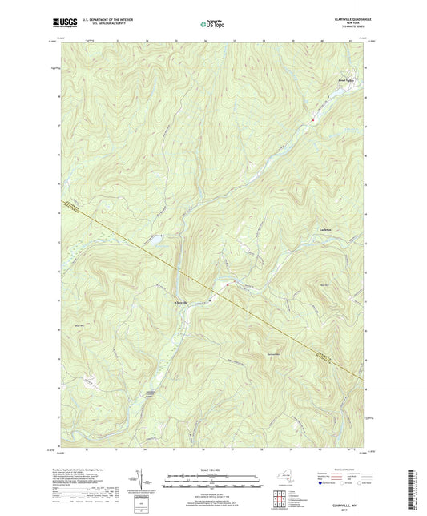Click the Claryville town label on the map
182,301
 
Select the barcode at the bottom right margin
420,480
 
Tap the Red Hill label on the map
324,286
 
